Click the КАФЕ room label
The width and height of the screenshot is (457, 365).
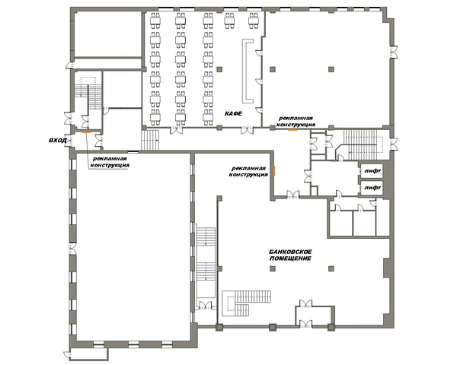click(x=233, y=113)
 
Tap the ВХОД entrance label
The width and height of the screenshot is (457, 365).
click(x=58, y=141)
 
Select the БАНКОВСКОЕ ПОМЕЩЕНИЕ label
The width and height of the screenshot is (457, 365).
click(x=290, y=255)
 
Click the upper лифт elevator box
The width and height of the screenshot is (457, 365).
click(x=372, y=171)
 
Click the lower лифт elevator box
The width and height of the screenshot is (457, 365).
click(x=372, y=188)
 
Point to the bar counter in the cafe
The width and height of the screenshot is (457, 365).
click(x=247, y=71)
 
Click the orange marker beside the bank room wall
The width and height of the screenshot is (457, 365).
click(x=274, y=170)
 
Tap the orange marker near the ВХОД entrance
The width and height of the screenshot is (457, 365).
click(x=86, y=132)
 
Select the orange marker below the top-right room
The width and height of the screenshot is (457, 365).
click(x=292, y=130)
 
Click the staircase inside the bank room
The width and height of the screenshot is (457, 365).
click(x=246, y=303)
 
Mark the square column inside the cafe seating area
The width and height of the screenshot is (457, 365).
click(x=219, y=69)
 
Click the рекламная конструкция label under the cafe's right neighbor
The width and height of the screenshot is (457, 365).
click(x=296, y=122)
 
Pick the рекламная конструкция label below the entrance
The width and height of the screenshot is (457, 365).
click(x=110, y=162)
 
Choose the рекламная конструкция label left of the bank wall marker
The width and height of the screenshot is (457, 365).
click(x=248, y=171)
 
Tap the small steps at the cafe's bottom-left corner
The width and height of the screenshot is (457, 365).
click(x=150, y=140)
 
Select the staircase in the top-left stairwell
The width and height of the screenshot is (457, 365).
click(x=88, y=93)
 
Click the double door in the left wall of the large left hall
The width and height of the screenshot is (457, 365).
click(x=72, y=249)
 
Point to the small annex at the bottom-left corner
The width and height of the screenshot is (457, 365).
click(x=88, y=354)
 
